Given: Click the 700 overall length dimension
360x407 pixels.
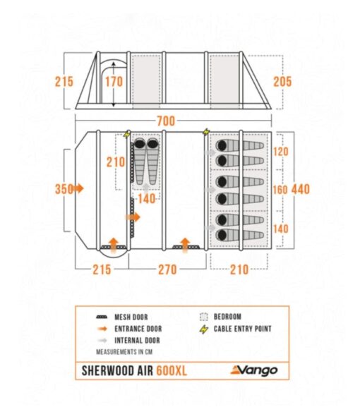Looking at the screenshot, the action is (x=166, y=121).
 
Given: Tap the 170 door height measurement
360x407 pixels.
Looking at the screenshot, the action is (x=114, y=82).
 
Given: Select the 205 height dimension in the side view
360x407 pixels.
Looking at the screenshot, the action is (x=282, y=82).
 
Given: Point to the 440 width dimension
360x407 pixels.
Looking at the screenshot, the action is (x=301, y=189).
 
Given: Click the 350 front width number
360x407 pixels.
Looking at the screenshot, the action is (x=64, y=189).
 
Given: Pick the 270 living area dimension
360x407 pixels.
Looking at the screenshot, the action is (x=167, y=269).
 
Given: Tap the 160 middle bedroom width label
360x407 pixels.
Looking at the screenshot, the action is (x=280, y=190).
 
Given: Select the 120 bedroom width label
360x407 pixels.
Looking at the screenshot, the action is (x=280, y=152).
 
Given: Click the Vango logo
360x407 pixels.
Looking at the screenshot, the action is (x=254, y=370).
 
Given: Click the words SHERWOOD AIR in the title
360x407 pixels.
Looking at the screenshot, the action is (x=117, y=370).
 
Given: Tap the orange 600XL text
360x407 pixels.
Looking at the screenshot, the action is (x=172, y=370).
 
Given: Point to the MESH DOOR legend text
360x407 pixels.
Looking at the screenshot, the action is (x=131, y=317).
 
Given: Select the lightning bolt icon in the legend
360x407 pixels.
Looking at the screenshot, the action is (x=204, y=329).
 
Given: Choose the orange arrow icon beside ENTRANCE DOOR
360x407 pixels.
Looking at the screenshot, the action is (x=102, y=329).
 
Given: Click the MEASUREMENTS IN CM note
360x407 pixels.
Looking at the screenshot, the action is (x=124, y=352).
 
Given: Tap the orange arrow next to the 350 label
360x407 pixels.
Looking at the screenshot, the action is (x=79, y=188).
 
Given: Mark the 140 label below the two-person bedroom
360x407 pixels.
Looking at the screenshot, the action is (x=147, y=199).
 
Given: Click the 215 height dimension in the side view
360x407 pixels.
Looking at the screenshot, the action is (x=64, y=82).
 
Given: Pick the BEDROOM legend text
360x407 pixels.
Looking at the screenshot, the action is (x=227, y=317).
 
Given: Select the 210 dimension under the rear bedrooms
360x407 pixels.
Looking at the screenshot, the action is (x=239, y=269).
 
